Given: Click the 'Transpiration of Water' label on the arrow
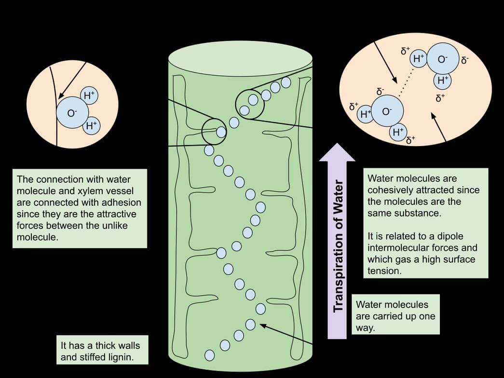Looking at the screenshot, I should (x=339, y=245).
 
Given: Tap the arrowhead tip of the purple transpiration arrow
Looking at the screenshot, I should (x=337, y=143).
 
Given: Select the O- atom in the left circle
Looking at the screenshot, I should (x=72, y=113).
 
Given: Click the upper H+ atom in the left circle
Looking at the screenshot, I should (x=89, y=96).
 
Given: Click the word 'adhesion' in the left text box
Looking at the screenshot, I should (x=121, y=202).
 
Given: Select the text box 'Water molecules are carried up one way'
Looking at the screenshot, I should (x=395, y=316).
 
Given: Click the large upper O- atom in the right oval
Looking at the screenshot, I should (x=442, y=59).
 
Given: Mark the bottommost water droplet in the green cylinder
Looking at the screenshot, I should (x=209, y=355).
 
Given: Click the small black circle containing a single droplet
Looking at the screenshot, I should (x=214, y=131).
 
